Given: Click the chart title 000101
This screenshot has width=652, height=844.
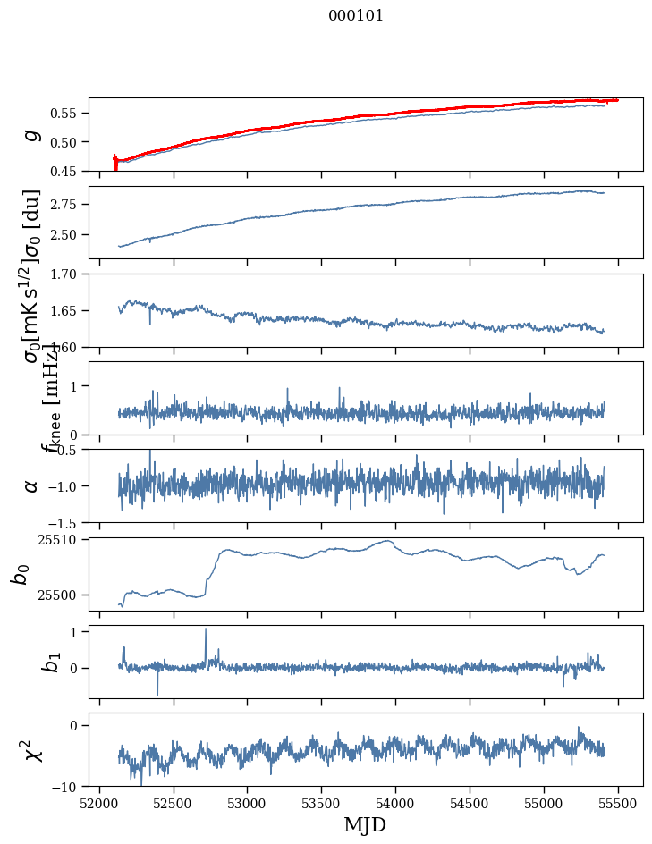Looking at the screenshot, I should (356, 16).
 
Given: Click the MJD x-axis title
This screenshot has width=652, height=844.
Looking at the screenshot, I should (365, 825).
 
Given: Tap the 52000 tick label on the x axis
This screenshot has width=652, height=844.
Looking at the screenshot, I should (99, 803).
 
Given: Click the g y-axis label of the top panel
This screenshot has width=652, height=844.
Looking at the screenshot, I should (32, 134).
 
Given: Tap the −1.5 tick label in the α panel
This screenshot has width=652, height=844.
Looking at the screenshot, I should (65, 522).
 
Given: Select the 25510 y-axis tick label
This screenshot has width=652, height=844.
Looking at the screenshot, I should (61, 540).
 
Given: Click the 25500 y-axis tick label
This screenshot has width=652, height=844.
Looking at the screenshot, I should (61, 595).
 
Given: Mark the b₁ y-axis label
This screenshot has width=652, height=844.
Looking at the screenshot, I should (29, 662).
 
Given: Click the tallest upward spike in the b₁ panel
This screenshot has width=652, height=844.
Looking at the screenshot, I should (206, 629).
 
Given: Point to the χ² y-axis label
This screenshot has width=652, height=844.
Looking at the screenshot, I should (29, 749).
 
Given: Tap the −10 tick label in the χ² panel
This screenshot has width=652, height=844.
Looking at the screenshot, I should (68, 787).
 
